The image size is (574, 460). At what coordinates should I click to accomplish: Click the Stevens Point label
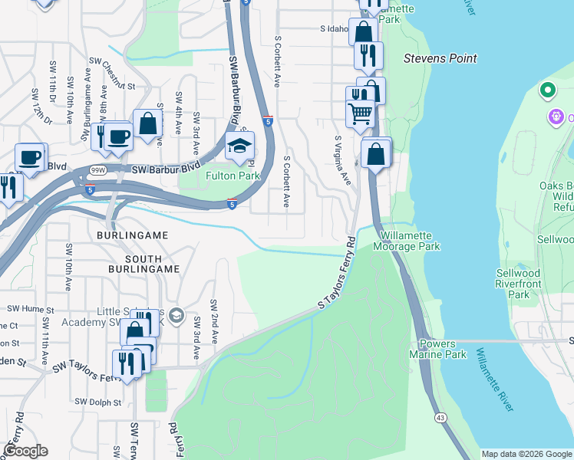click(440, 58)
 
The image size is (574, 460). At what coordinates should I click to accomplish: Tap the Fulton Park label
click(233, 176)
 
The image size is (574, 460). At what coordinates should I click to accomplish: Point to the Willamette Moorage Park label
click(406, 242)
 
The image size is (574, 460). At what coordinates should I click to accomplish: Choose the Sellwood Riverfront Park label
click(518, 284)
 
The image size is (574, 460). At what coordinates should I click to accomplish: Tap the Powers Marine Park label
click(443, 350)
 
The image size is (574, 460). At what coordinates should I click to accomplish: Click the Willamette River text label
click(494, 380)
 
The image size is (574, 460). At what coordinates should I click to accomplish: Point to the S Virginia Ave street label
click(342, 160)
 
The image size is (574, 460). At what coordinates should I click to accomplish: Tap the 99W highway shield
click(98, 170)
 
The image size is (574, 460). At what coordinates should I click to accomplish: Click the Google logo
click(25, 451)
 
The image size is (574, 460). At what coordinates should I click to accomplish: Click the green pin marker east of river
click(547, 90)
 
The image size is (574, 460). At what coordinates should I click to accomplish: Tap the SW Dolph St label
click(97, 402)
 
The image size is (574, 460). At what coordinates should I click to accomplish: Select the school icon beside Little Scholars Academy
click(176, 315)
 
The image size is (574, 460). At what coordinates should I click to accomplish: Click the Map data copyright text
click(526, 454)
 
